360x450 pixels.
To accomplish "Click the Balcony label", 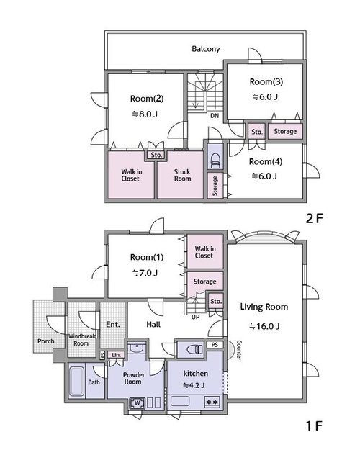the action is coord(205,49).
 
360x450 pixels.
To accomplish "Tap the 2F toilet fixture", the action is coord(215,161).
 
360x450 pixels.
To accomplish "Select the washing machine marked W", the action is coord(138,403).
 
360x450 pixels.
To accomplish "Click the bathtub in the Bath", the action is coord(76,381).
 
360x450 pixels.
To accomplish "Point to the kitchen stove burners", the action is coord(212,402).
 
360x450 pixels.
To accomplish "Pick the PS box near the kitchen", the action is coord(215,345).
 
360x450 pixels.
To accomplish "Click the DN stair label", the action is coord(215,116).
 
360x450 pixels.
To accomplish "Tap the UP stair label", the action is coord(195,317).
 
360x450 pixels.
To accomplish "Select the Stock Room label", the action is coord(182,175).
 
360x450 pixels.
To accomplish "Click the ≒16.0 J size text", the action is coord(264,326).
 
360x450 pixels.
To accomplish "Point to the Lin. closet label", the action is coord(116,355).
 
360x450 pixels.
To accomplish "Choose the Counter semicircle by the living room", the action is coord(230,350).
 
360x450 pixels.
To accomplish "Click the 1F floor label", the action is coord(314,426).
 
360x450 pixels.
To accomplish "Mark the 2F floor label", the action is coord(314,219).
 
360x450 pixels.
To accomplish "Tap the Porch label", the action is coord(46,341).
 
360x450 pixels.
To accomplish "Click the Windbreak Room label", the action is coord(81,340).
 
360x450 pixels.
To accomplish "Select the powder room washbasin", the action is coord(137,348).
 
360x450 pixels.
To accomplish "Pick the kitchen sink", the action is coord(180,402).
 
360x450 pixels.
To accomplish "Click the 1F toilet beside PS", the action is coord(194,349).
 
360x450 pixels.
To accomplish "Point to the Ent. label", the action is coord(113,325).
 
